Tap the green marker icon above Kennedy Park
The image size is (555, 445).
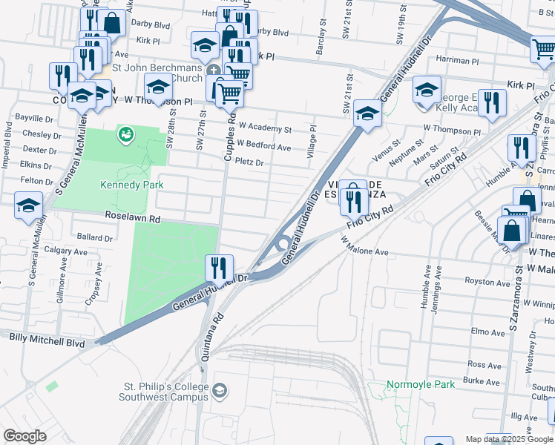(x=125, y=134)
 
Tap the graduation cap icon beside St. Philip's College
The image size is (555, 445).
(x=220, y=390)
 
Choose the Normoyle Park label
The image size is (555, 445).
(x=419, y=385)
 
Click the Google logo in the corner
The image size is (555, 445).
(x=24, y=435)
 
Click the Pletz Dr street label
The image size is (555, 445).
(x=249, y=162)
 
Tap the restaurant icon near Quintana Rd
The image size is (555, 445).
(x=219, y=267)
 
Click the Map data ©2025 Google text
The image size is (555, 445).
(x=509, y=439)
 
